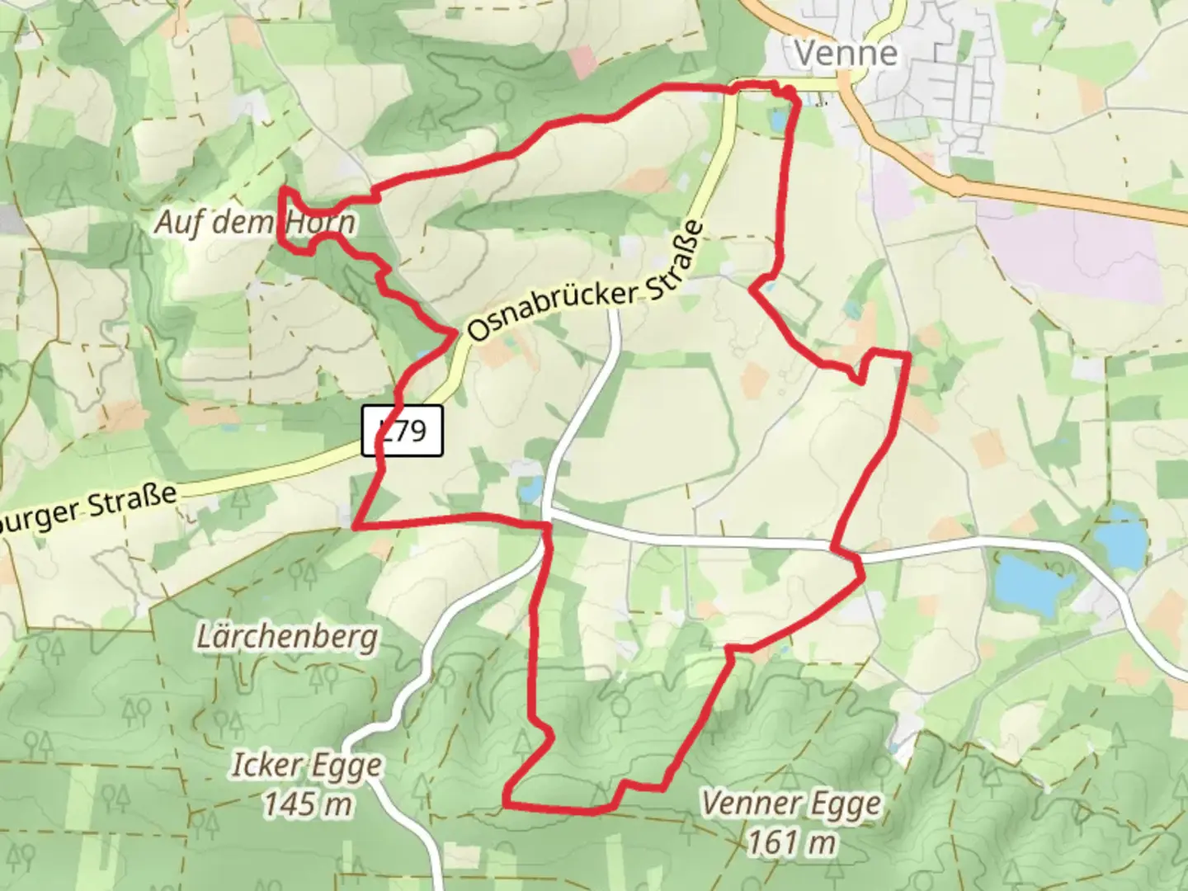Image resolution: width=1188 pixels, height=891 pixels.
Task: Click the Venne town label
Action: click(x=845, y=54)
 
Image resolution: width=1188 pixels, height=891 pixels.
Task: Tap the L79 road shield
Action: click(x=403, y=430)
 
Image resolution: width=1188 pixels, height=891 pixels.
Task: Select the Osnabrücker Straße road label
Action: click(x=587, y=282)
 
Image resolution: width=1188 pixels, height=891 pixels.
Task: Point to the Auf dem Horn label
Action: click(x=255, y=222)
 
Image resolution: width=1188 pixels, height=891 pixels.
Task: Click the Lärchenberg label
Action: click(x=287, y=637)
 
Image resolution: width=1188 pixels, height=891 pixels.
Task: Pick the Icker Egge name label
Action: click(x=306, y=766)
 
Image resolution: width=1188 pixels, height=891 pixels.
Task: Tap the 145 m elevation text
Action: click(x=308, y=803)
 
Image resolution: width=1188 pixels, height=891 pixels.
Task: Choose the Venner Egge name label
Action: click(x=791, y=803)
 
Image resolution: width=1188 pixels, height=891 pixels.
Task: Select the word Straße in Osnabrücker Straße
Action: click(x=675, y=253)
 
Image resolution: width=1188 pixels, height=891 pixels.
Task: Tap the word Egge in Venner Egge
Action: click(x=845, y=803)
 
